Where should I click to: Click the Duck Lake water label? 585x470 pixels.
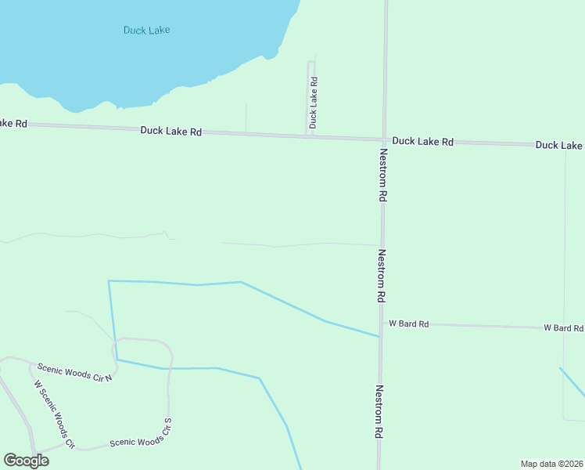(x=146, y=30)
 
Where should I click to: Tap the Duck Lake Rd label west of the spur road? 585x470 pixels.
(x=171, y=132)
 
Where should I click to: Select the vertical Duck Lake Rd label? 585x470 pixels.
(x=314, y=102)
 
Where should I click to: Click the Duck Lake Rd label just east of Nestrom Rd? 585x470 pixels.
(x=423, y=142)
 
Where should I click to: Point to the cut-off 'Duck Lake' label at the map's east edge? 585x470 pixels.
(x=559, y=146)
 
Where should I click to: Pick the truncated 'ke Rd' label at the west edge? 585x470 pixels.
(x=13, y=124)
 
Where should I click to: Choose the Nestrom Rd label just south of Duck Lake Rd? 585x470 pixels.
(x=383, y=176)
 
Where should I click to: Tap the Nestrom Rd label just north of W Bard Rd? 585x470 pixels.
(x=382, y=277)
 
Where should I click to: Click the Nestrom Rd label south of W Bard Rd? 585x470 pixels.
(x=379, y=411)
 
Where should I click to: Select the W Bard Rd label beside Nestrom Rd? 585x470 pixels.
(x=409, y=324)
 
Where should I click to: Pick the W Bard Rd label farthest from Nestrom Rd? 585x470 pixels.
(x=564, y=327)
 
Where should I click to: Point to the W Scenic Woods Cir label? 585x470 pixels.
(x=54, y=414)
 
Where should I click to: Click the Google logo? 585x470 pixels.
(x=26, y=461)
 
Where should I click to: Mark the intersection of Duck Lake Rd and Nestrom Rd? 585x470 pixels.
(x=384, y=140)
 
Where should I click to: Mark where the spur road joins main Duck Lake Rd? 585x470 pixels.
(x=309, y=136)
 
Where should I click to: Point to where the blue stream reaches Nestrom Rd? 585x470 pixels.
(x=380, y=337)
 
